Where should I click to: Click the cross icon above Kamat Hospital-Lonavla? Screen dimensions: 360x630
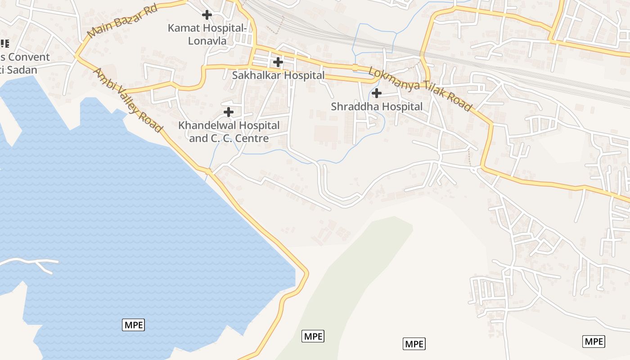pos(207,15)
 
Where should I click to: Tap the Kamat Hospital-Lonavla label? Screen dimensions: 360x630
pos(207,34)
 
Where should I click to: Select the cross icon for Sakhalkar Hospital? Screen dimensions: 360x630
pos(278,62)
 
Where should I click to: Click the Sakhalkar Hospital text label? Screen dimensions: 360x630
pos(278,75)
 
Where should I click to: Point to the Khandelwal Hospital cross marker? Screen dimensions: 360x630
pos(229,112)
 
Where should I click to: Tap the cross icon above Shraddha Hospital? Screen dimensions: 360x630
pos(377,93)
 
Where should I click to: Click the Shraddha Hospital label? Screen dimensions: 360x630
pos(377,107)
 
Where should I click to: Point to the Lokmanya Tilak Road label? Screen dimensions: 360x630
pos(420,89)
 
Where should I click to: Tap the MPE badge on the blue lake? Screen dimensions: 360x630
pos(134,324)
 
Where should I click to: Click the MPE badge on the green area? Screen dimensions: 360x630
pos(313,336)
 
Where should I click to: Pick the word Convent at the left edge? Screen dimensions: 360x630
pos(29,57)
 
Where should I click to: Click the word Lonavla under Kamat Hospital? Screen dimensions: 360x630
pos(207,40)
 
